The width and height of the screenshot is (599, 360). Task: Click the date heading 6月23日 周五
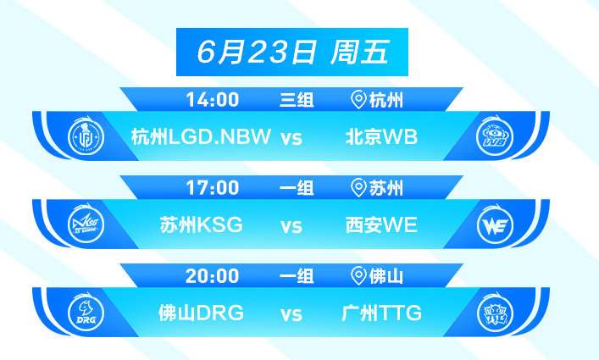(293, 52)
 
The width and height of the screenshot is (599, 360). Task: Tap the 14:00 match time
(213, 100)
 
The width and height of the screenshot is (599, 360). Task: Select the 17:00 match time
(213, 188)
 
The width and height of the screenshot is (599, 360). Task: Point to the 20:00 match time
(213, 275)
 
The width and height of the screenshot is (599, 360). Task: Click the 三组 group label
(297, 100)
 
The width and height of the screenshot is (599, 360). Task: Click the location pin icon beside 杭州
(358, 100)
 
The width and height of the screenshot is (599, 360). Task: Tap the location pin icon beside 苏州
(358, 188)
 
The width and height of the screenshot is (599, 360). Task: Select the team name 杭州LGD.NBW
(201, 136)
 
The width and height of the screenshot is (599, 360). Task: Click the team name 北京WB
(381, 136)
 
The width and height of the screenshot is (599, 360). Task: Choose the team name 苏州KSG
(202, 224)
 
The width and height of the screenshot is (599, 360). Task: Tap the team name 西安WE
(381, 224)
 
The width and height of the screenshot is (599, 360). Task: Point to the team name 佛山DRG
(202, 313)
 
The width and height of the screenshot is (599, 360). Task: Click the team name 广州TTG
(381, 313)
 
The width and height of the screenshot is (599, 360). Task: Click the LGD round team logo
(86, 136)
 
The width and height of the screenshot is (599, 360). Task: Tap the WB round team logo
(495, 136)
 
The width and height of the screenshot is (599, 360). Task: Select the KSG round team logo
(86, 224)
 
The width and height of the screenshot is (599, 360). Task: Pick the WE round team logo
(495, 224)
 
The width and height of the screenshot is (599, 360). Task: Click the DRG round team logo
(86, 313)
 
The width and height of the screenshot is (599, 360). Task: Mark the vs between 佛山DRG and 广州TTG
(291, 314)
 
